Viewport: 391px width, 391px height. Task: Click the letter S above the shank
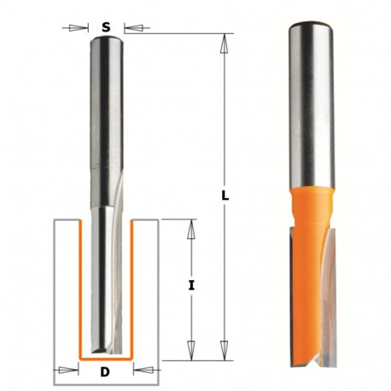coord(106,26)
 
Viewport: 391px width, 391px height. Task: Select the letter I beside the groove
coord(191,287)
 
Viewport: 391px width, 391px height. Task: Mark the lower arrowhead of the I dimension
coord(191,352)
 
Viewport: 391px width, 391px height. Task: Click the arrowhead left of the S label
coord(85,27)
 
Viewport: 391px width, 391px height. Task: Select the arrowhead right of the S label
coord(126,27)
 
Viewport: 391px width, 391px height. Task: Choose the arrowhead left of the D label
coord(70,371)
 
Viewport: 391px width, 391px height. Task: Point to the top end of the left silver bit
coord(106,39)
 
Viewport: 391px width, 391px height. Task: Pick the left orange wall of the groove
coord(79,290)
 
